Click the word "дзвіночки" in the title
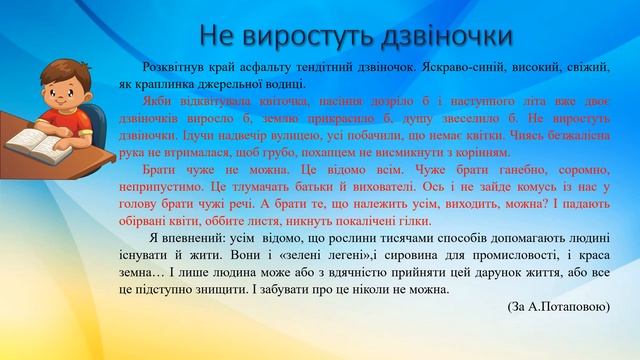pos(446,35)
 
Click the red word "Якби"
pos(158,101)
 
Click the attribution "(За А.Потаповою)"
pos(557,308)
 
